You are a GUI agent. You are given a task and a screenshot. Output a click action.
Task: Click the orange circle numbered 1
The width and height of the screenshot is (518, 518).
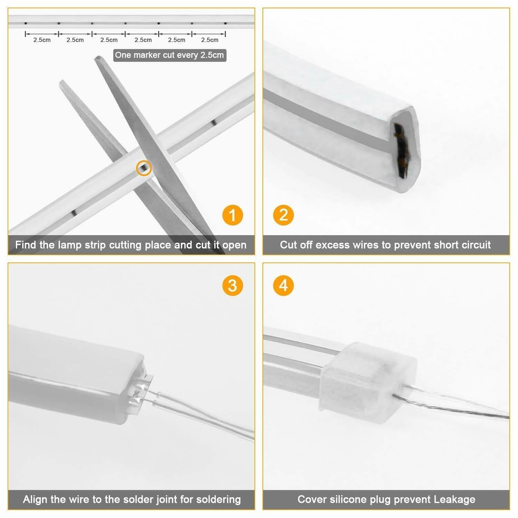tap(232, 215)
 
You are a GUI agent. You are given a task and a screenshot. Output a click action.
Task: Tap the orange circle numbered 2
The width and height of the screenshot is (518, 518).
tap(284, 215)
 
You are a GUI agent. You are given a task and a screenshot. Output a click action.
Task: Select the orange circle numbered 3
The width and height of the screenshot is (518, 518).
tap(232, 286)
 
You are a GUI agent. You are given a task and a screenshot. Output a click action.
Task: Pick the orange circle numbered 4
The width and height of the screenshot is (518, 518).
tap(284, 286)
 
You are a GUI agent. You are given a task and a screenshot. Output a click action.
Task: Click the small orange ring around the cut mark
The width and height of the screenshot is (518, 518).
tap(144, 168)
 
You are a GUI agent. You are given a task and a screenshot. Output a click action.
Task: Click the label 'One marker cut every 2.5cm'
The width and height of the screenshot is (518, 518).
tap(170, 55)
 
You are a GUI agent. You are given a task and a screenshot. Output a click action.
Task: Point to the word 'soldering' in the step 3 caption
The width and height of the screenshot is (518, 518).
tap(218, 499)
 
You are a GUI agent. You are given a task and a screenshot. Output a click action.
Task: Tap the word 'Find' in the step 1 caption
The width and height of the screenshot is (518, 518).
tap(26, 245)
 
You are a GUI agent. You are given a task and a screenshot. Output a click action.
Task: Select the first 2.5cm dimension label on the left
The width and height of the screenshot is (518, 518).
tap(42, 40)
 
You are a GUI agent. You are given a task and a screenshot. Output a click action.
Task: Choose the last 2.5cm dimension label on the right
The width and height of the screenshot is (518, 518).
tap(210, 40)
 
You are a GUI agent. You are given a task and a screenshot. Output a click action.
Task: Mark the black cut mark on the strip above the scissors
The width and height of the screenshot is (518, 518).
tap(214, 122)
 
